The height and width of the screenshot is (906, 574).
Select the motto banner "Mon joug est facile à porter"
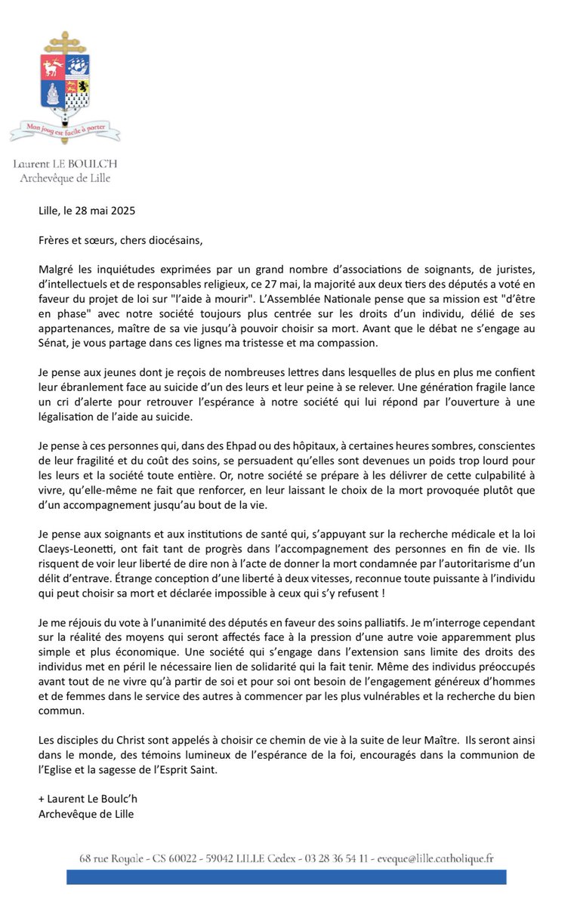(64, 130)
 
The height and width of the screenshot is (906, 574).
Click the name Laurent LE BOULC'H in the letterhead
(64, 164)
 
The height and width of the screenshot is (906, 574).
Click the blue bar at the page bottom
(286, 877)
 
